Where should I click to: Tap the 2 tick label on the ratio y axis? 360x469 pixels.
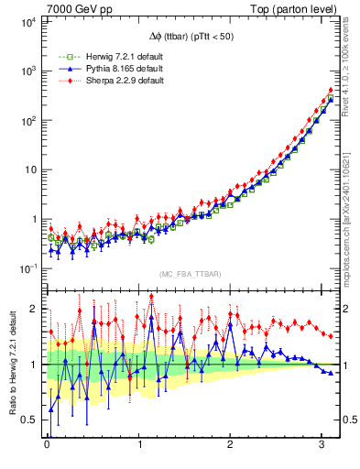point(32,309)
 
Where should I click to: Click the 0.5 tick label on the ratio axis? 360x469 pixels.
point(27,420)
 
